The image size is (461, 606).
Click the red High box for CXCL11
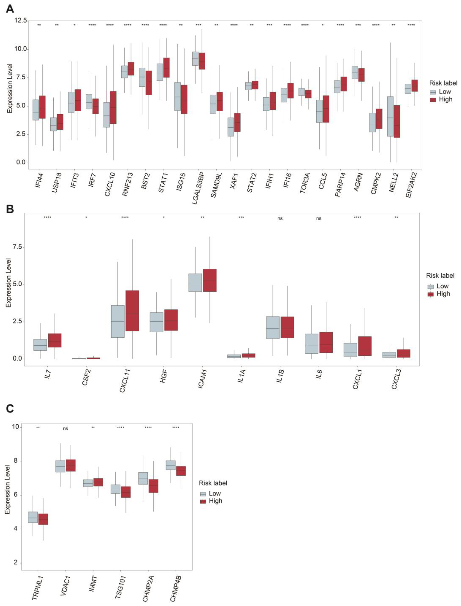(x=132, y=311)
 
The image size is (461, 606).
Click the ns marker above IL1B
(x=280, y=219)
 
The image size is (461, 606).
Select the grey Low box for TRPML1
(x=33, y=517)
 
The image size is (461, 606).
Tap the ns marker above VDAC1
(x=65, y=429)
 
